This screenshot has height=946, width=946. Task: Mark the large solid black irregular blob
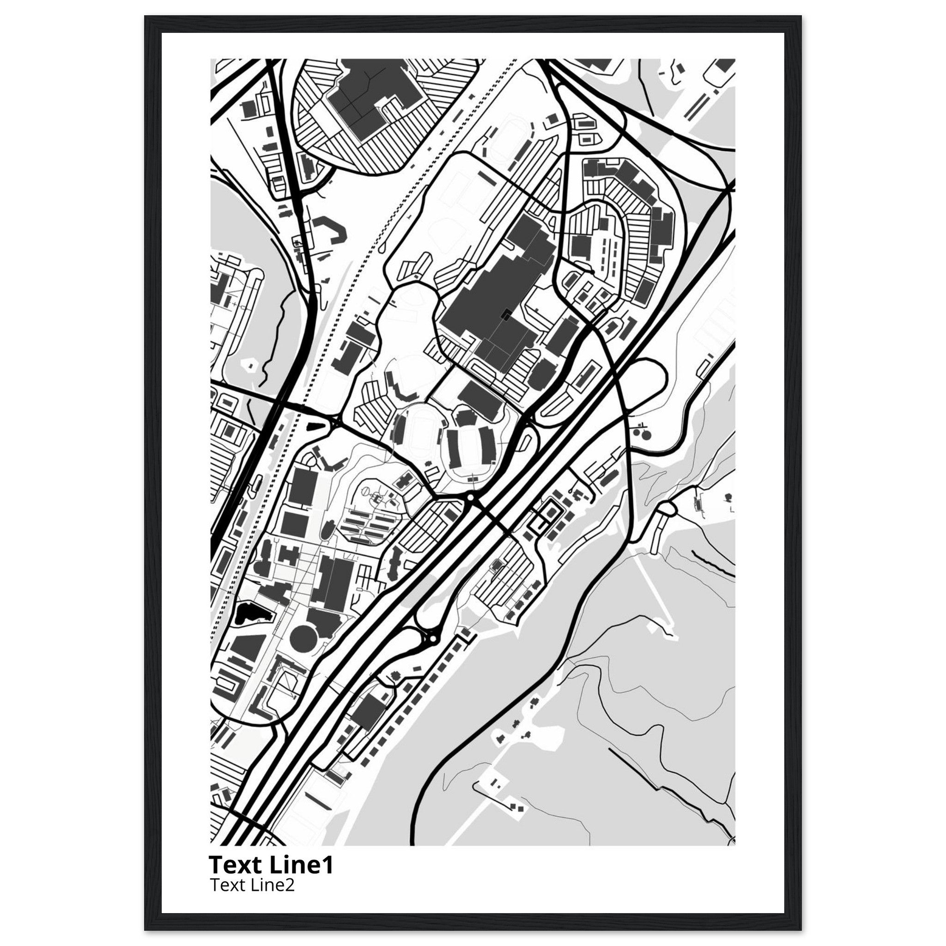[249, 612]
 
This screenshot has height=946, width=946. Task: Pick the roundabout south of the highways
[432, 639]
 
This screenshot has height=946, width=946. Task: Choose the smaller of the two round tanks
[637, 432]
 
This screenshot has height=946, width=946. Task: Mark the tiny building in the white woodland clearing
[251, 365]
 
